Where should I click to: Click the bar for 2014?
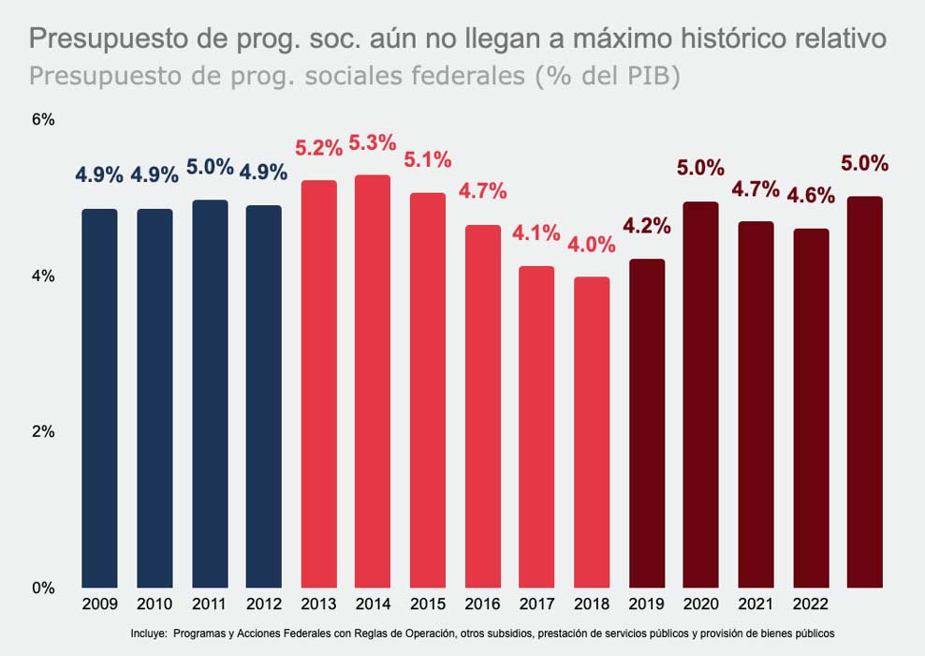click(x=373, y=381)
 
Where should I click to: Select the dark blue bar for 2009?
click(x=99, y=398)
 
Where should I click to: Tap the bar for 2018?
click(x=592, y=432)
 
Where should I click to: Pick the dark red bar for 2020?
click(x=701, y=395)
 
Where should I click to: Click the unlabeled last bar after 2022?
click(x=865, y=392)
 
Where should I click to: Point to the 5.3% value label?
click(x=373, y=143)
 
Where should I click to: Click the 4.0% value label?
click(x=592, y=245)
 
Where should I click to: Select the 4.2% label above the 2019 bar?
click(x=647, y=226)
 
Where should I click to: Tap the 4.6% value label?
click(x=811, y=196)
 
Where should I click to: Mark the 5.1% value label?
click(x=428, y=160)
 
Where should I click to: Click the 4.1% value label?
click(x=536, y=233)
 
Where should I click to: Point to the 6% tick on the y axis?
click(x=43, y=120)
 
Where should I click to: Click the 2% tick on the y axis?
click(x=43, y=432)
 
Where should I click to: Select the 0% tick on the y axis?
click(x=43, y=588)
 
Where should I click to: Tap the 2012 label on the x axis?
click(x=263, y=605)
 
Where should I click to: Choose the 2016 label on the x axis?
click(x=482, y=605)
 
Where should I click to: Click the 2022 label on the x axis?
click(x=811, y=605)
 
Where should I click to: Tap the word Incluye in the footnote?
click(x=150, y=634)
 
